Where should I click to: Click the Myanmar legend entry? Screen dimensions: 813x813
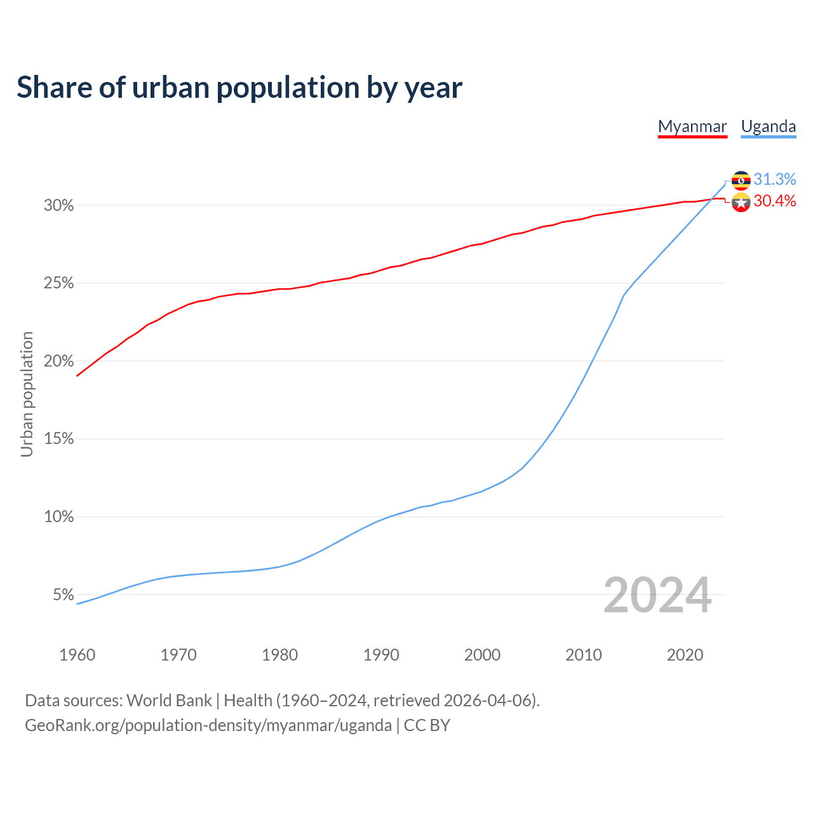(x=692, y=126)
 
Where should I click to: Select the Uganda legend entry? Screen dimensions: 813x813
(x=769, y=126)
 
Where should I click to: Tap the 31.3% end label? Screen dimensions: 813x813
(x=775, y=180)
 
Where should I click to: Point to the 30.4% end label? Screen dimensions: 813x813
(x=775, y=201)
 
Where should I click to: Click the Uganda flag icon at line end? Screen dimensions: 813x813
(x=741, y=180)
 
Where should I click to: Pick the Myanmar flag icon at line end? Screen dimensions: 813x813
(x=741, y=203)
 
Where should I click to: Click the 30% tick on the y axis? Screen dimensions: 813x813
(x=59, y=206)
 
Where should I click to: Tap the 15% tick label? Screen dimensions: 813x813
(x=59, y=440)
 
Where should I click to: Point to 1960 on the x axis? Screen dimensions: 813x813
(x=77, y=655)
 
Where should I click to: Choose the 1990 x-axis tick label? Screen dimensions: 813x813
(x=381, y=655)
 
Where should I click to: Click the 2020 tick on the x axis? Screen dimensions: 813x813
(x=685, y=655)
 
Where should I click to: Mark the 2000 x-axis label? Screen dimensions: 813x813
(x=482, y=655)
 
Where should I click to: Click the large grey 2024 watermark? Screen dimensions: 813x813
(x=657, y=595)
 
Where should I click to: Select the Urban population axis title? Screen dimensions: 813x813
(x=27, y=394)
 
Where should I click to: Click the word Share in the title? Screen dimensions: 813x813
(x=53, y=88)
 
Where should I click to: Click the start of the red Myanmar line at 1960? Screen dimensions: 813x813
(x=77, y=375)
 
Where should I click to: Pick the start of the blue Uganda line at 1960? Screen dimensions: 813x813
(x=77, y=603)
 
